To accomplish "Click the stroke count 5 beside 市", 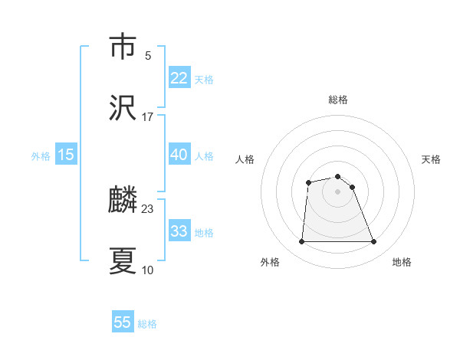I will click(x=148, y=55).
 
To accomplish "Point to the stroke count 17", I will click(x=148, y=116).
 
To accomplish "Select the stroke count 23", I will click(x=148, y=208).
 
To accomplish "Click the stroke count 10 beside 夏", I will click(x=148, y=270).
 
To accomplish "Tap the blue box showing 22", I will click(x=179, y=78).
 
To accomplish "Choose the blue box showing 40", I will click(x=179, y=155).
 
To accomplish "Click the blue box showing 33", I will click(x=179, y=231).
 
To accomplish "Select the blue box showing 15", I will click(x=66, y=155).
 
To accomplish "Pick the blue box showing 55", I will click(x=123, y=322).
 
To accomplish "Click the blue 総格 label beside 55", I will click(x=147, y=324).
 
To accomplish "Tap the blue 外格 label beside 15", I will click(x=41, y=156).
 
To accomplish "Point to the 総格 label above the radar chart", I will click(x=338, y=100).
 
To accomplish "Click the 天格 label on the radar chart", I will click(x=431, y=159).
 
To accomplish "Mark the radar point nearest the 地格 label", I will click(x=374, y=242).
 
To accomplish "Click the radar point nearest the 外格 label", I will click(x=301, y=242).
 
